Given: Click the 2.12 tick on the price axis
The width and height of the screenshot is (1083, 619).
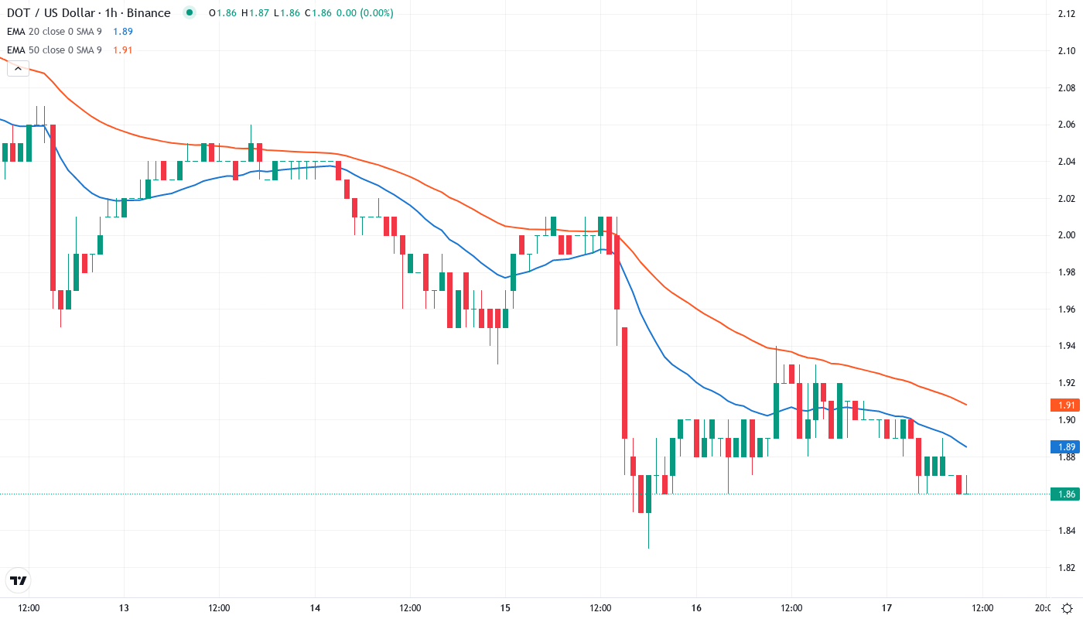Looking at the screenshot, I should (x=1065, y=14).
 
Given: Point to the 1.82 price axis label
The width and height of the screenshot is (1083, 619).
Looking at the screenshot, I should (x=1065, y=568).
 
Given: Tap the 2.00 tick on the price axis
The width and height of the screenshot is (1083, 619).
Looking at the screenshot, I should (x=1065, y=235).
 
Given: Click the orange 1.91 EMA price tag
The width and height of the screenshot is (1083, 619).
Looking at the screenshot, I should (x=1065, y=405).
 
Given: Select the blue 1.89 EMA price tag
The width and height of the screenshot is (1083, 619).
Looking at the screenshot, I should (x=1065, y=446).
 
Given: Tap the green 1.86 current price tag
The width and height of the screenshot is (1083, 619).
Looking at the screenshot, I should (x=1065, y=494).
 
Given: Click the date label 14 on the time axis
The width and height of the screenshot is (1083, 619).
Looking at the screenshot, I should (x=315, y=607).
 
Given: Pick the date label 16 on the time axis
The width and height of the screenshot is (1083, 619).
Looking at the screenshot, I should (x=696, y=607).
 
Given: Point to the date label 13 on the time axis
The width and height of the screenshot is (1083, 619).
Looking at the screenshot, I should (x=124, y=607).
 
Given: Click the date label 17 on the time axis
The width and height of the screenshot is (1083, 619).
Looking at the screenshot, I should (x=887, y=607).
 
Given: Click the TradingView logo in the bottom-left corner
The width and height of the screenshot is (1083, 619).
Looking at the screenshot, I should (x=19, y=580).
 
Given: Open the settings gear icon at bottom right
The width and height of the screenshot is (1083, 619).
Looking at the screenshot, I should (x=1067, y=607).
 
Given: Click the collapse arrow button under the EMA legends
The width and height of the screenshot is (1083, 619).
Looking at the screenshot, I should (x=18, y=68).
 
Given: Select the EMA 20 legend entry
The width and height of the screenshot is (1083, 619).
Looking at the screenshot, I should (x=54, y=31).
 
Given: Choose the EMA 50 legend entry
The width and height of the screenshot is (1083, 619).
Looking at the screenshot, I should (x=54, y=50).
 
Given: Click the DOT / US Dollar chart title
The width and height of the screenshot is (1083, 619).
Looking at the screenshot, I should (x=88, y=13).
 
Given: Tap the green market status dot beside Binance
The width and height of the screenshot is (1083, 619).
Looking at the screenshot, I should (x=189, y=13).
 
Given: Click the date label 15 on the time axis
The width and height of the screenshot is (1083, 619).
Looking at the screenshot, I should (x=505, y=607).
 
